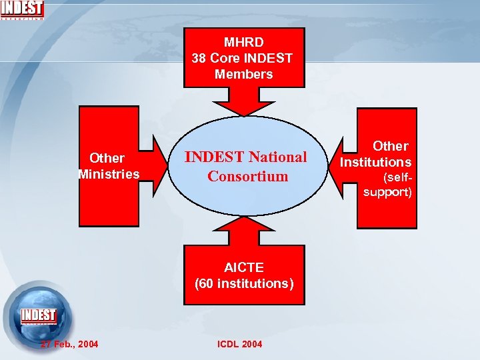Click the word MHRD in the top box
[243, 42]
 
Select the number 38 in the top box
[199, 58]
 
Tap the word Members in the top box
[243, 74]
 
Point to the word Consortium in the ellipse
[247, 176]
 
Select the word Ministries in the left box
[109, 174]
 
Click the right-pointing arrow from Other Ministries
[160, 165]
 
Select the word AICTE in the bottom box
[243, 267]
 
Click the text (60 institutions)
[243, 283]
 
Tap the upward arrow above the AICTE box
[243, 231]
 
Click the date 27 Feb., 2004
[69, 344]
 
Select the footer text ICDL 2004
[239, 344]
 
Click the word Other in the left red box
[107, 158]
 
